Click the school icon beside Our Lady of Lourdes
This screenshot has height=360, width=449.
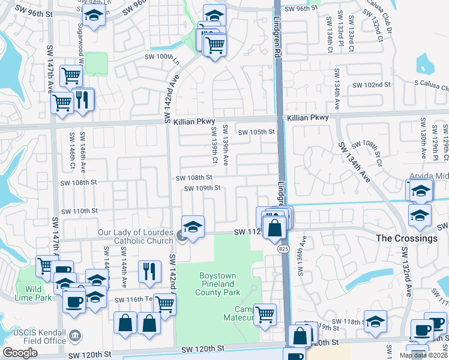[193, 227]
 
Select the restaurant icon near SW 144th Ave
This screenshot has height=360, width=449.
[149, 271]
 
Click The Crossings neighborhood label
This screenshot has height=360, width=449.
[406, 238]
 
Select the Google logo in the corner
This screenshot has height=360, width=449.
[20, 353]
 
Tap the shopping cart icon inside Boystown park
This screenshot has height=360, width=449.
[264, 314]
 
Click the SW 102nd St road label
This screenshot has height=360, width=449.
[372, 85]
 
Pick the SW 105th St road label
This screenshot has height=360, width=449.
[256, 133]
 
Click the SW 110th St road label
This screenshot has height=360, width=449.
[79, 211]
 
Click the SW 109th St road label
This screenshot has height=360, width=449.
[202, 188]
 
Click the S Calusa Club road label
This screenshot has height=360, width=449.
[426, 88]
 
